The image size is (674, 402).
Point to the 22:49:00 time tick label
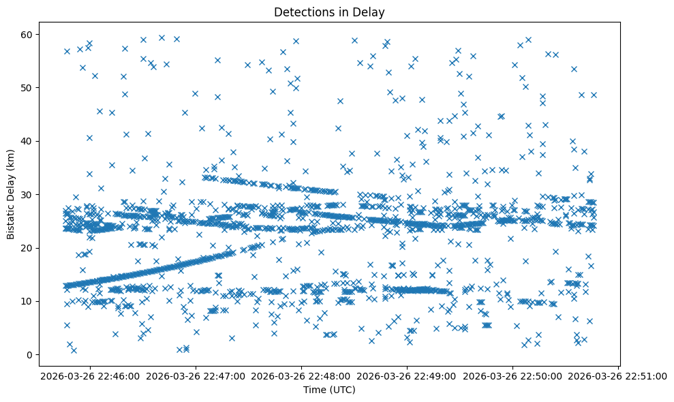click(408, 375)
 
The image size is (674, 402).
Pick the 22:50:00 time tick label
click(513, 375)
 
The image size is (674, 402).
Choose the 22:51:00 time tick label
click(618, 375)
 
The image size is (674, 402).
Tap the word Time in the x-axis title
click(315, 390)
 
